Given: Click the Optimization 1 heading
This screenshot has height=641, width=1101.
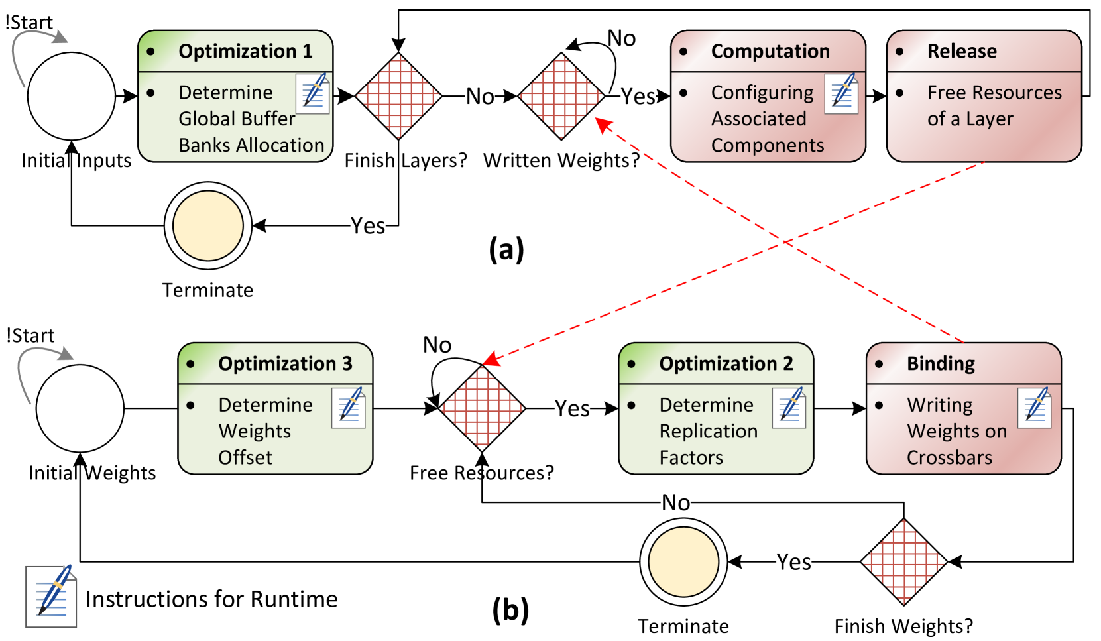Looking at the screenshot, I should (245, 51).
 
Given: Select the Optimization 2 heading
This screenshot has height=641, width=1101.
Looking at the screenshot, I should (725, 363).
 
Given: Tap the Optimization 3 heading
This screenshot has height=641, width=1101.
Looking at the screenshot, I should (285, 363).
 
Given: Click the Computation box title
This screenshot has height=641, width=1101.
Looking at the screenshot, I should (770, 51).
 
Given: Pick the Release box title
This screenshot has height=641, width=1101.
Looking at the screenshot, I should (961, 51).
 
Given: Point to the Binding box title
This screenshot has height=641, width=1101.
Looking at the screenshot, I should (940, 363).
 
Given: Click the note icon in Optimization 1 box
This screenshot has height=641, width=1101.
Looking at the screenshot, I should (313, 93).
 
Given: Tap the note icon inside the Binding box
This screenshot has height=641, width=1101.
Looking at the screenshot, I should (1035, 407).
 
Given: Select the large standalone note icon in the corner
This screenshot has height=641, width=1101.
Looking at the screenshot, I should (52, 596).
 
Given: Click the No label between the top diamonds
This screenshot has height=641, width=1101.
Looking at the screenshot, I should (480, 96).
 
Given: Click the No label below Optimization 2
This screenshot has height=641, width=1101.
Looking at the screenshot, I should (675, 502).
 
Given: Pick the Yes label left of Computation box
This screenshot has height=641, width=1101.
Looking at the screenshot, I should (638, 96).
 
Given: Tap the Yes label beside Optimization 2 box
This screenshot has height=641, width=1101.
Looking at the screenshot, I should (572, 408).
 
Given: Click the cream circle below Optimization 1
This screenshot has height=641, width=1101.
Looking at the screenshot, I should (208, 225).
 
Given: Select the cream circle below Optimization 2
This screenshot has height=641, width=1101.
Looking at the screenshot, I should (683, 561).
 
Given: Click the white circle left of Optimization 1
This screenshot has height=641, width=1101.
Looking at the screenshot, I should (72, 96).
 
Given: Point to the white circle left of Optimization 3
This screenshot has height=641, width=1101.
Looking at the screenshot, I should (80, 408).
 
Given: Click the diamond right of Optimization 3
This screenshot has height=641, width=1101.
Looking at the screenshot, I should (482, 408).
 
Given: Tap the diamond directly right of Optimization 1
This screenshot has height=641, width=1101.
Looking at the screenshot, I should (398, 96).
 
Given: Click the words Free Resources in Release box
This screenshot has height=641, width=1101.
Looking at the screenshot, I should (994, 92).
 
